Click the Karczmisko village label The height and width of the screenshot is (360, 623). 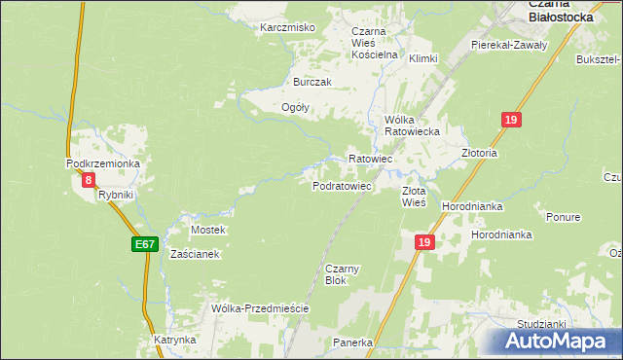tap(287, 27)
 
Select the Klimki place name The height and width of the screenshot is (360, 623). tap(423, 58)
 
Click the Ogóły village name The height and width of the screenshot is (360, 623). tap(295, 108)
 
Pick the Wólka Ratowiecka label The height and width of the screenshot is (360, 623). tap(413, 125)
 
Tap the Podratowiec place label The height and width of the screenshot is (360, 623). tap(342, 186)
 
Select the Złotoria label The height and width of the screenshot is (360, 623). tap(479, 154)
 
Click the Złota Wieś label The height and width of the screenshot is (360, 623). tap(414, 198)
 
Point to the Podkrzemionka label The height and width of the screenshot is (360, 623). tap(103, 163)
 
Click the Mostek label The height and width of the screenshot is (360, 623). tap(208, 230)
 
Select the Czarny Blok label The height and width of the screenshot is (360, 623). tap(336, 273)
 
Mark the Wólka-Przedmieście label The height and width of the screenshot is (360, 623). tap(260, 308)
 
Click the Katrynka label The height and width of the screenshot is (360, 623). tap(175, 341)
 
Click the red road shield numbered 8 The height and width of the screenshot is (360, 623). tap(89, 180)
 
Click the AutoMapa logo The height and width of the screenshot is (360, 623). tap(556, 342)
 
